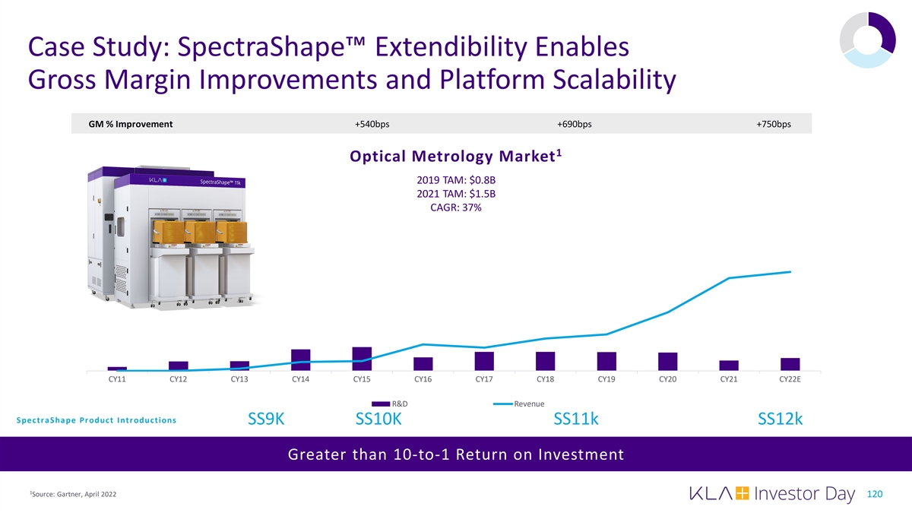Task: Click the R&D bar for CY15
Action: (x=362, y=359)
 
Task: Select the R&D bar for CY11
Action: (x=117, y=369)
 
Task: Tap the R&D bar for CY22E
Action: (x=790, y=364)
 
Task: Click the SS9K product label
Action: (x=266, y=420)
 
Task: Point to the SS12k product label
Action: (x=780, y=420)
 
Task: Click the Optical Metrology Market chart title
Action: (x=456, y=157)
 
